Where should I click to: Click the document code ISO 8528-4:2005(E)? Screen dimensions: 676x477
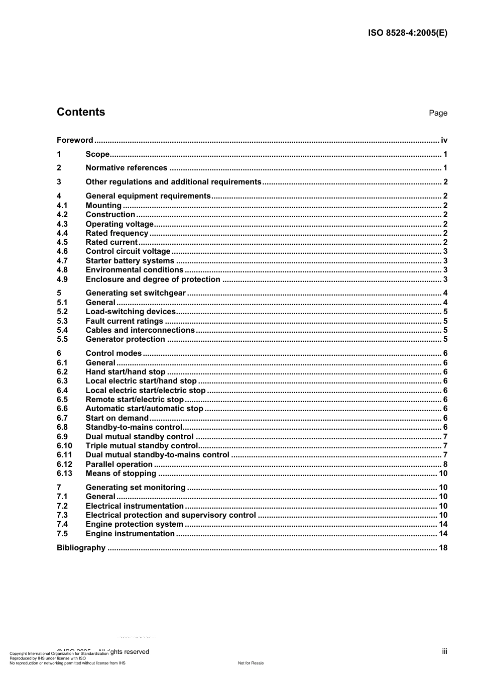point(407,33)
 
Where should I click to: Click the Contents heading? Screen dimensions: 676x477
point(81,112)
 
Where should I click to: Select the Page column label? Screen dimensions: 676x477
point(438,113)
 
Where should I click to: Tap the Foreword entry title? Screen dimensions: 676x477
point(75,140)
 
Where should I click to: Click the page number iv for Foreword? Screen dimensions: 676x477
point(444,140)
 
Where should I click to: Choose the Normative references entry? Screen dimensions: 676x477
point(126,168)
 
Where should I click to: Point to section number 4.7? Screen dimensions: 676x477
point(62,261)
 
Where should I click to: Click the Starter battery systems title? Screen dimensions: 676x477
point(130,261)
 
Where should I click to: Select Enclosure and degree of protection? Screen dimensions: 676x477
point(153,279)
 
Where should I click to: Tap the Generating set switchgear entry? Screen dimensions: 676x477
point(136,293)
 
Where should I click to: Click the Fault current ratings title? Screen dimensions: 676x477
point(124,321)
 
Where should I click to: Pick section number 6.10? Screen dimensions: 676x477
point(64,446)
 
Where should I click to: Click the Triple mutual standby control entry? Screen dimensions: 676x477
point(142,446)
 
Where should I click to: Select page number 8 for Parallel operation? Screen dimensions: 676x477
point(445,464)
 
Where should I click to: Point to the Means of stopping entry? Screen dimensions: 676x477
point(121,473)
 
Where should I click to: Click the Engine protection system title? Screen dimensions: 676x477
point(134,524)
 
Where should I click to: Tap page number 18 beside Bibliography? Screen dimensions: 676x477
point(443,548)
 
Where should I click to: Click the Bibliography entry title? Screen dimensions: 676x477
point(81,548)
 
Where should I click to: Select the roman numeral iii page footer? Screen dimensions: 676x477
point(444,651)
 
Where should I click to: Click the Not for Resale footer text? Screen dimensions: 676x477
point(251,663)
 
